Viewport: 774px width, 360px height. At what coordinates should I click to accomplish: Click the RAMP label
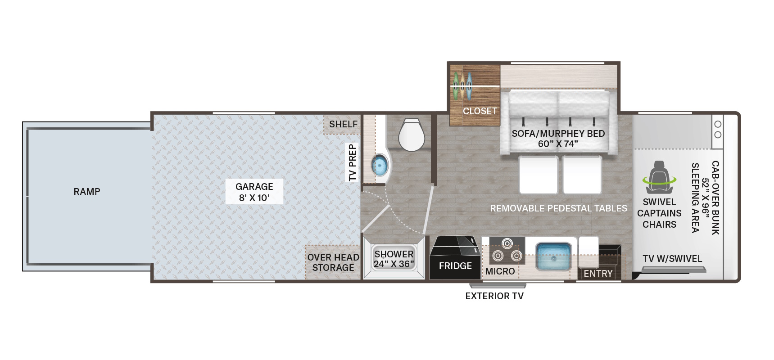(x=87, y=192)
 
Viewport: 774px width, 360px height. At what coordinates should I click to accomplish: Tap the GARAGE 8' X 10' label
(x=254, y=192)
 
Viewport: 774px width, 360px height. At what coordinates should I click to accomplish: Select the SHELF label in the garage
(x=343, y=124)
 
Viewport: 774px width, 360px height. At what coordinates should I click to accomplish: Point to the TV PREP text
(x=353, y=162)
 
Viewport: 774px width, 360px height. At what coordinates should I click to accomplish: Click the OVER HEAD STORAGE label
(x=333, y=262)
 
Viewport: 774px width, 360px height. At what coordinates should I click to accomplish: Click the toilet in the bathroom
(x=412, y=135)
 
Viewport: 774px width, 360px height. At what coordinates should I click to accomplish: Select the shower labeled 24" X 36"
(x=394, y=259)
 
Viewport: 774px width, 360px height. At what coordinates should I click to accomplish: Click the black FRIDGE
(x=455, y=257)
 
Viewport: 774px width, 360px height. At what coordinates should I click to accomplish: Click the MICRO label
(x=500, y=271)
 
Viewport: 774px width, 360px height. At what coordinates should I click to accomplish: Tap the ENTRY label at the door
(x=598, y=274)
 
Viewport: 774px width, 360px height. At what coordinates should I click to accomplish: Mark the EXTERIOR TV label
(x=494, y=296)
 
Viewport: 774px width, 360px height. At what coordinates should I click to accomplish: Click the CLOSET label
(x=480, y=111)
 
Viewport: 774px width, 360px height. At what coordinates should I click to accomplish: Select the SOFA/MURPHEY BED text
(x=558, y=134)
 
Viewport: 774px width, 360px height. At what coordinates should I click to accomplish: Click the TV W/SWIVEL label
(x=672, y=259)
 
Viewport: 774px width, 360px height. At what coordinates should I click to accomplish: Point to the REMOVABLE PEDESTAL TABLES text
(x=558, y=208)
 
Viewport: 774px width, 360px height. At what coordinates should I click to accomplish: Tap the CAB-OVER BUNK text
(x=715, y=198)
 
